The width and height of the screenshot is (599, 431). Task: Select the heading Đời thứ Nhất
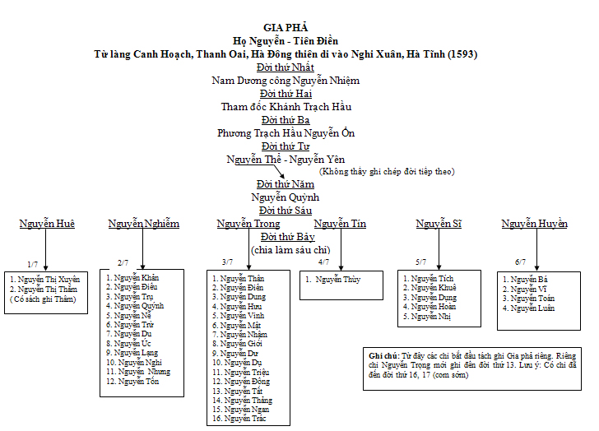tap(285, 67)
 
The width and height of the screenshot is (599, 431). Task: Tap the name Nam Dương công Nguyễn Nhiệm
tap(285, 81)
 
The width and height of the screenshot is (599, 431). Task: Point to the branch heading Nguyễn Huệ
tap(47, 224)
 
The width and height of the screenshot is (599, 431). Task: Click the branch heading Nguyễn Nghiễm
tap(143, 224)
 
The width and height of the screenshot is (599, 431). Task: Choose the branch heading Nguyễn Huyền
tap(534, 224)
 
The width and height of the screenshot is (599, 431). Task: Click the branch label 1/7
tap(32, 264)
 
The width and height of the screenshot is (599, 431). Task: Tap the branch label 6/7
tap(520, 262)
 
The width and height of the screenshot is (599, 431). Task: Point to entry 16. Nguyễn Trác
tap(239, 419)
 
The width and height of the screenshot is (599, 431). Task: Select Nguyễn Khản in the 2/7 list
tap(137, 278)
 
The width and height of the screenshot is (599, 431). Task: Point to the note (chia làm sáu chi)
tap(290, 249)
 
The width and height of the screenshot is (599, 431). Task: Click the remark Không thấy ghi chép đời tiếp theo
tap(387, 171)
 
